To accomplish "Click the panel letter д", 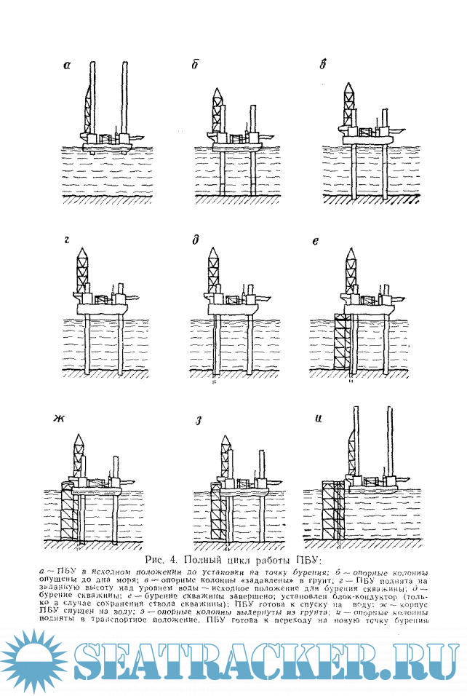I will tap(196, 240).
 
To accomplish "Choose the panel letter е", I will tap(315, 240).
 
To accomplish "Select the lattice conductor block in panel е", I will tap(342, 342).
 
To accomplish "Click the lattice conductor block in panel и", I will tap(332, 510).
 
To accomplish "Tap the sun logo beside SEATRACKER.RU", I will tap(31, 660).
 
